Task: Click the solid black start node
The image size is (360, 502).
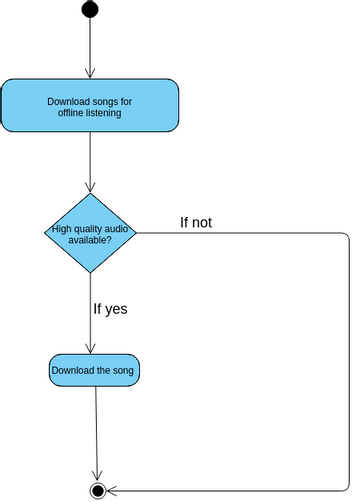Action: (90, 9)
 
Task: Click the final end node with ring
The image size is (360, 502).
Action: (98, 490)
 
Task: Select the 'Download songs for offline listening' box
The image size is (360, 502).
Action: (90, 106)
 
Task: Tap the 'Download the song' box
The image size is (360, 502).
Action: (95, 371)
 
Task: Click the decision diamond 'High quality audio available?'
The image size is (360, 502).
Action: (90, 234)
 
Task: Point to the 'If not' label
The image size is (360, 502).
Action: (195, 222)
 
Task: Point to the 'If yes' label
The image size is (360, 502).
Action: (110, 308)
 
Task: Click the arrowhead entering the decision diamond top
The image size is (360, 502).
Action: (90, 187)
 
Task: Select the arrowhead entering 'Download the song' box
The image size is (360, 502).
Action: (91, 348)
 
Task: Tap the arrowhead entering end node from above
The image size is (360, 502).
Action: (97, 477)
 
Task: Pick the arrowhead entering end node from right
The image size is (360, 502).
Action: (112, 490)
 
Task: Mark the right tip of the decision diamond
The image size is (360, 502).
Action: (136, 234)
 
